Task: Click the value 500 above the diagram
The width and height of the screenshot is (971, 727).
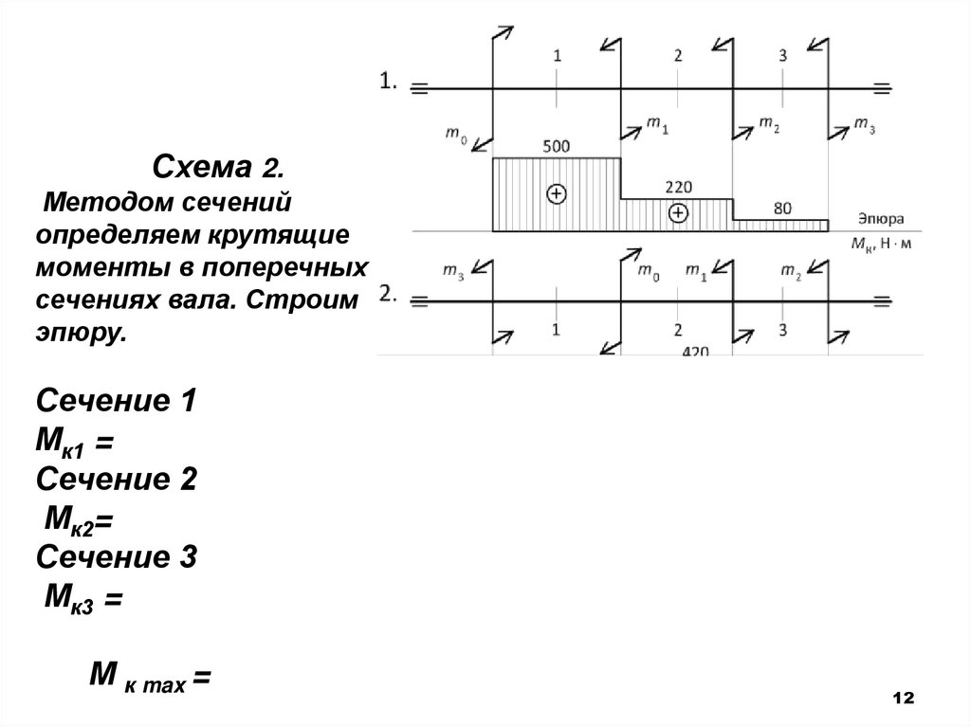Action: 557,147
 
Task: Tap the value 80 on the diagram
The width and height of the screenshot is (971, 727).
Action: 782,209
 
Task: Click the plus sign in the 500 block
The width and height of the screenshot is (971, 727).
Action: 557,193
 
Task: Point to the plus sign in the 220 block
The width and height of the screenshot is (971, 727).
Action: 677,213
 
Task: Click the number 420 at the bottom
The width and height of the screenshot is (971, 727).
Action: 697,351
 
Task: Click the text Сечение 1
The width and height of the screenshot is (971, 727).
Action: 116,401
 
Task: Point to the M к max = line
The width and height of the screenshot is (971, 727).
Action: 149,677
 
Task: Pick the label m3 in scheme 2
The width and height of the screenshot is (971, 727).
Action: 454,272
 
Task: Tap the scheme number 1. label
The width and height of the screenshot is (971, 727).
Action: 389,82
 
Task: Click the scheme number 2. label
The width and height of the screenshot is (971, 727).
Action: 389,295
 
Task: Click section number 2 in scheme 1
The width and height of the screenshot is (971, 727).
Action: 677,56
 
